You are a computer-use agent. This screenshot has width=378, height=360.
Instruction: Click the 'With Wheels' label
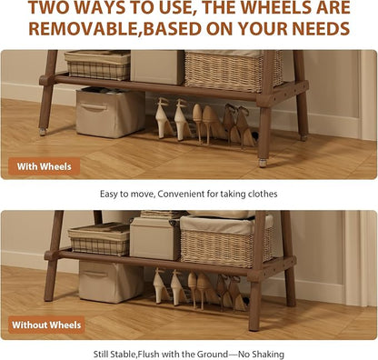[44, 166]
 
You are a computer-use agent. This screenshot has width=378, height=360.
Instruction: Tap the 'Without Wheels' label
[46, 325]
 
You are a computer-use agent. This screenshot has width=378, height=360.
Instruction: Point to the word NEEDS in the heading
[321, 29]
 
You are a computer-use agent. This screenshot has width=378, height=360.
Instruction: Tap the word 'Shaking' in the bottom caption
[268, 355]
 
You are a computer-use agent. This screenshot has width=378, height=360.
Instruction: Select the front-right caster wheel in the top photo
[263, 163]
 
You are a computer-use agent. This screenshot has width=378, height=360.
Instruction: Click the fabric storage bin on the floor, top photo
[110, 113]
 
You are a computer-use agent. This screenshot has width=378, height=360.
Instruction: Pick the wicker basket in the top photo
[234, 71]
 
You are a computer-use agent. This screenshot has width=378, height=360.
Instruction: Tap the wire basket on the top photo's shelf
[98, 65]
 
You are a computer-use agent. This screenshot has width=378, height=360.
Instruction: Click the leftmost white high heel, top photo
[164, 119]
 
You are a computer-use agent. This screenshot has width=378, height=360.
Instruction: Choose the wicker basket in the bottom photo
[227, 241]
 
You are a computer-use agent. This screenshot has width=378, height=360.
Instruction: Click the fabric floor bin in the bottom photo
[111, 282]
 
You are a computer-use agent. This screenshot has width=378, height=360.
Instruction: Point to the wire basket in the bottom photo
[99, 239]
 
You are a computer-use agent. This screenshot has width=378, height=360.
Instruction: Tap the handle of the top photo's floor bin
[94, 107]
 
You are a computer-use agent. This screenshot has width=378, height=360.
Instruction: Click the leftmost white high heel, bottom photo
[161, 286]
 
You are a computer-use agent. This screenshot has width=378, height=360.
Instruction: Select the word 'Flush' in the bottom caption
[150, 355]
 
